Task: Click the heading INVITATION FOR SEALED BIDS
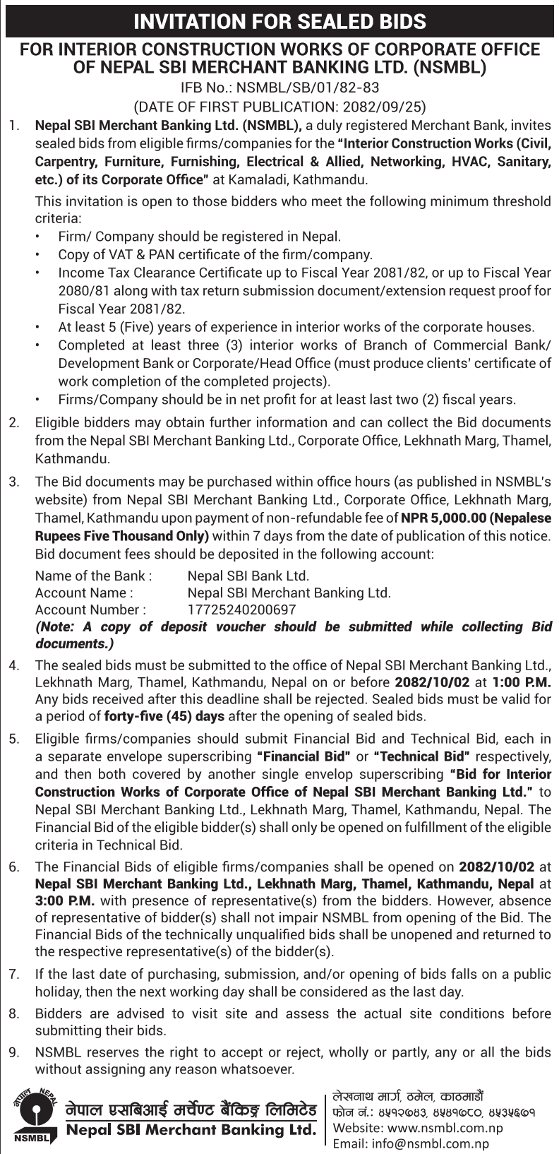(x=279, y=21)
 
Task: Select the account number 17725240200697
(x=241, y=609)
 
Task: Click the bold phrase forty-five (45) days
(x=164, y=716)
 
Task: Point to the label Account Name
(x=84, y=593)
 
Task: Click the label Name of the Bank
(x=93, y=576)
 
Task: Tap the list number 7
(x=13, y=975)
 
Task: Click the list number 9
(x=13, y=1052)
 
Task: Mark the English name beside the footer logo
(x=191, y=1130)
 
